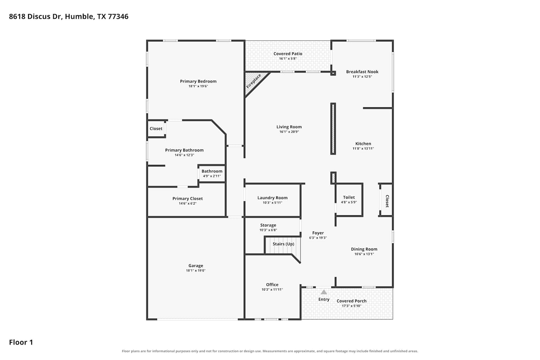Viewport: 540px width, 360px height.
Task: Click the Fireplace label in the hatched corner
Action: point(253,81)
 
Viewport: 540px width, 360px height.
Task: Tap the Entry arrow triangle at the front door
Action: point(324,292)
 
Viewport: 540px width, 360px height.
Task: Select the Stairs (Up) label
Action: point(283,244)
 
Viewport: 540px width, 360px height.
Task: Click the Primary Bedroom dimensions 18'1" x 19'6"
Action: point(198,86)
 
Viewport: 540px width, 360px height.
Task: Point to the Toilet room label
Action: point(349,197)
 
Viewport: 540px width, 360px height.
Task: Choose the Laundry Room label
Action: point(273,198)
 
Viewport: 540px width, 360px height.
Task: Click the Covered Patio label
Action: point(288,54)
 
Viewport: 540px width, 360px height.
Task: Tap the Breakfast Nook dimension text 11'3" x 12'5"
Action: point(362,77)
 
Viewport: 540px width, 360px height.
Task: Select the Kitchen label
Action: point(363,144)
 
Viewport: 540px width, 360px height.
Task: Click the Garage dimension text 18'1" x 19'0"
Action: point(195,271)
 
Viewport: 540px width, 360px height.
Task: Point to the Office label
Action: point(272,284)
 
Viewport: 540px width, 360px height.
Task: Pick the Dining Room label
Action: point(364,249)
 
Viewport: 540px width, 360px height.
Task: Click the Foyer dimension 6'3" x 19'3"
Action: point(318,238)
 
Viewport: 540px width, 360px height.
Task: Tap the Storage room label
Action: point(268,225)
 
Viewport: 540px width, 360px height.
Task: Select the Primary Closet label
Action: point(188,198)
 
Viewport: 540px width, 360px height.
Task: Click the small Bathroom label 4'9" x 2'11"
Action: point(212,171)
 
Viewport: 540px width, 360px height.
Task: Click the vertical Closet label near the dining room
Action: point(387,201)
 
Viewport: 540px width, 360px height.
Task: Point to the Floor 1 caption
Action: point(21,342)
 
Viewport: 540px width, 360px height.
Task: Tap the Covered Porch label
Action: point(351,301)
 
